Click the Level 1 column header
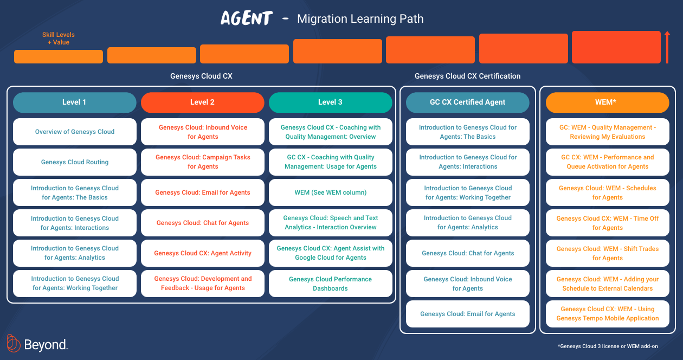tap(74, 102)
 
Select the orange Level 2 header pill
tap(202, 102)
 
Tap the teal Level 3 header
tap(330, 102)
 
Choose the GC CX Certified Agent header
tap(467, 102)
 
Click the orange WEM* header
tap(607, 102)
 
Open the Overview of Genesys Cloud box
tap(74, 132)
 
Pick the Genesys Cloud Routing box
tap(74, 162)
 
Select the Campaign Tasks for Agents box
tap(202, 162)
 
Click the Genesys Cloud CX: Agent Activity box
tap(202, 253)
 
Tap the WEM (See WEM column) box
tap(330, 192)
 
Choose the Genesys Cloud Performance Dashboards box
tap(330, 284)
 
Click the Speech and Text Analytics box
tap(330, 223)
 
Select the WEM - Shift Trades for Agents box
tap(607, 253)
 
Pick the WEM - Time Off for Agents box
tap(607, 223)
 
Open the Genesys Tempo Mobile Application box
tap(607, 314)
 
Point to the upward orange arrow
tap(667, 47)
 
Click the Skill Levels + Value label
tap(59, 38)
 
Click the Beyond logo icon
tap(14, 344)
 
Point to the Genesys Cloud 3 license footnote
tap(608, 346)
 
